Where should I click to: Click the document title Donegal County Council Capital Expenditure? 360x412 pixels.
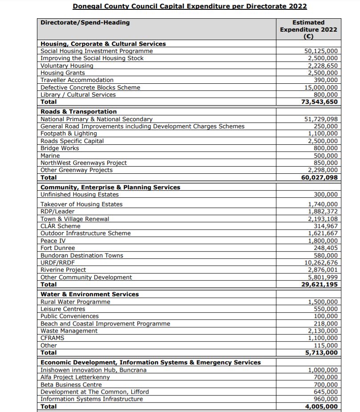point(190,6)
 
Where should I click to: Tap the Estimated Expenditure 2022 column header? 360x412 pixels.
point(308,29)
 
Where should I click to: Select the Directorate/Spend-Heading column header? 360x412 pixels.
point(85,22)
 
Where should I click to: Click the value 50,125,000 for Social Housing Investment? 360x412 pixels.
point(321,51)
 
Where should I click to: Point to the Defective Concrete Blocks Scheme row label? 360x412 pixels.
point(90,88)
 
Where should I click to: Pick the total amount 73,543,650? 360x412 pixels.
point(320,102)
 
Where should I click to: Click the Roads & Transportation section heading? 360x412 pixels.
point(79,112)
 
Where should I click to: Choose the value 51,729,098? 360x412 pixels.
point(321,119)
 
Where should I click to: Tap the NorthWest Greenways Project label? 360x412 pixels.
point(84,163)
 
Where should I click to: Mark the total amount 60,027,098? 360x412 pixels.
point(320,177)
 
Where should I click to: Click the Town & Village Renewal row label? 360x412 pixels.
point(75,219)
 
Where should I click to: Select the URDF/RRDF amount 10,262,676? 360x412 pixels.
point(321,262)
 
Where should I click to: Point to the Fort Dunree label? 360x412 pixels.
point(58,248)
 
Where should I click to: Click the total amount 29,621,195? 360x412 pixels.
point(320,284)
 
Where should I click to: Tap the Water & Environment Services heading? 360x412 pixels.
point(89,294)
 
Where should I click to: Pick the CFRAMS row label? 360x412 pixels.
point(53,338)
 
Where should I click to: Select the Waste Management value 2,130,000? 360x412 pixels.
point(323,331)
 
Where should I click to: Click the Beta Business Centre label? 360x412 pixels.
point(71,384)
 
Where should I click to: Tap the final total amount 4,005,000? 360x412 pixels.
point(321,406)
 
